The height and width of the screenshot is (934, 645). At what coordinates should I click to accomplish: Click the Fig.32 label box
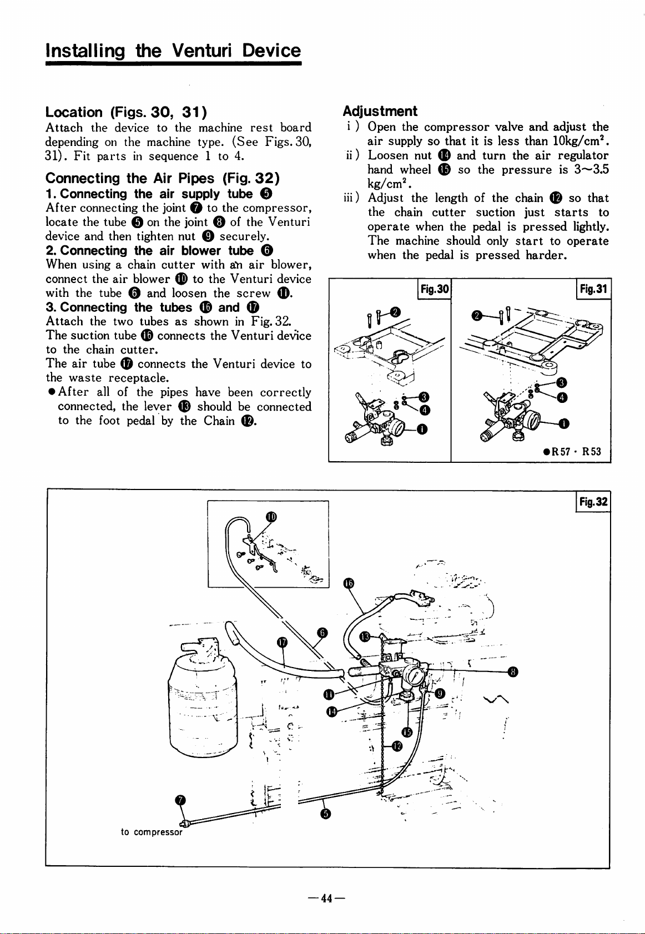(x=593, y=503)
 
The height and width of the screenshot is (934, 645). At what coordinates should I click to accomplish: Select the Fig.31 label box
(x=593, y=289)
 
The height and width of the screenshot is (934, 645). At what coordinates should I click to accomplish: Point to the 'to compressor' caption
(x=152, y=832)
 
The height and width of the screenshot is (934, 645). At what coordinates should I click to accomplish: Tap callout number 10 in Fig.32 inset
(x=270, y=517)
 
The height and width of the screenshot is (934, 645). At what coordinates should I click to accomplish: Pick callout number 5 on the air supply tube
(x=326, y=814)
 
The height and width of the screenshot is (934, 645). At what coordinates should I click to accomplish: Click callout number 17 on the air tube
(x=282, y=642)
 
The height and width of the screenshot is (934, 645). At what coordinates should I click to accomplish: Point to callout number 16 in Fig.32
(x=347, y=583)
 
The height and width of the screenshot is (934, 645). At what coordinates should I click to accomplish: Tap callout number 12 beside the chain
(x=396, y=745)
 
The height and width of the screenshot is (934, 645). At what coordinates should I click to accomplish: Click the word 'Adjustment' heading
(x=380, y=111)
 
